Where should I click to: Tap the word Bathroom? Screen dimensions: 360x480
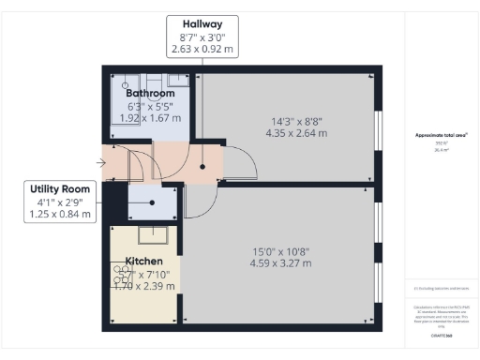[151, 94]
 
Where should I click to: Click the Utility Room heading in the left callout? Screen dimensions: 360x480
[62, 188]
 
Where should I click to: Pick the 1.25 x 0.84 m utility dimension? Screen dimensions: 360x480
[62, 215]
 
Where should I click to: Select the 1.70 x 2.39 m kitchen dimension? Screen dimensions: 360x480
[143, 286]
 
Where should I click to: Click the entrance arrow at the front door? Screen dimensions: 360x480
[101, 161]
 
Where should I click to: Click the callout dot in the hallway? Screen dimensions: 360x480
[202, 167]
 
